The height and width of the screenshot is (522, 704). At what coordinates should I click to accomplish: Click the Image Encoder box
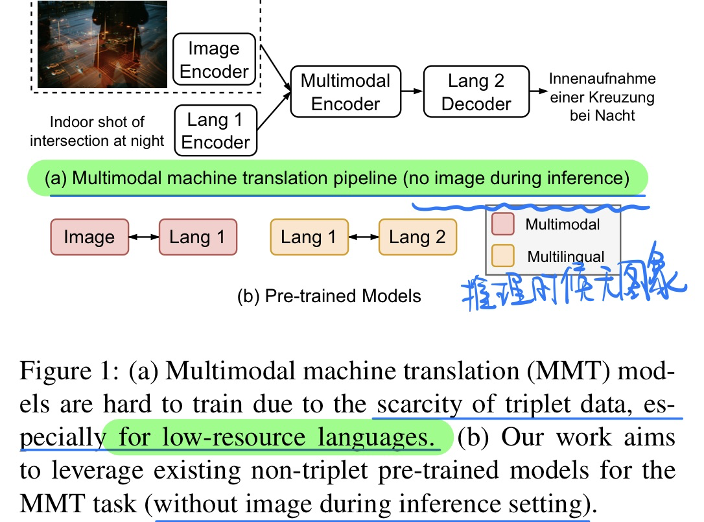point(215,60)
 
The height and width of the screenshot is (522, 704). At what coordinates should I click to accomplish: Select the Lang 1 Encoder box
point(216,131)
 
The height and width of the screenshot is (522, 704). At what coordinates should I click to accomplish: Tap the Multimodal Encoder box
point(346,92)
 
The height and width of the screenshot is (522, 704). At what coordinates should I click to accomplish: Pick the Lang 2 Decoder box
point(476,92)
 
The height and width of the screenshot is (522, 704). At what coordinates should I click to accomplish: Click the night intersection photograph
point(102,43)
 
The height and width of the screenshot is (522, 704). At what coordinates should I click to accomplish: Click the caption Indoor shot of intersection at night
point(97,131)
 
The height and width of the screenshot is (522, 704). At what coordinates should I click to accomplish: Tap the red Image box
point(89,237)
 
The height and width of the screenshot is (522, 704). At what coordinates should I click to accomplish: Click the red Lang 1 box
point(197,237)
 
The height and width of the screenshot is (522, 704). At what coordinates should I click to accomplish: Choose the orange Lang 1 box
point(309,237)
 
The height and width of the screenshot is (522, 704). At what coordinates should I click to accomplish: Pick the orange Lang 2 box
point(417,237)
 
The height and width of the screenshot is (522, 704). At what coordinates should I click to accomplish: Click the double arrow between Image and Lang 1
point(143,237)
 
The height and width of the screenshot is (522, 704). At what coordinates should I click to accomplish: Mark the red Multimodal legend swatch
point(502,225)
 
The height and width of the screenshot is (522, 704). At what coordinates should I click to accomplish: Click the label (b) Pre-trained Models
point(330,296)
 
